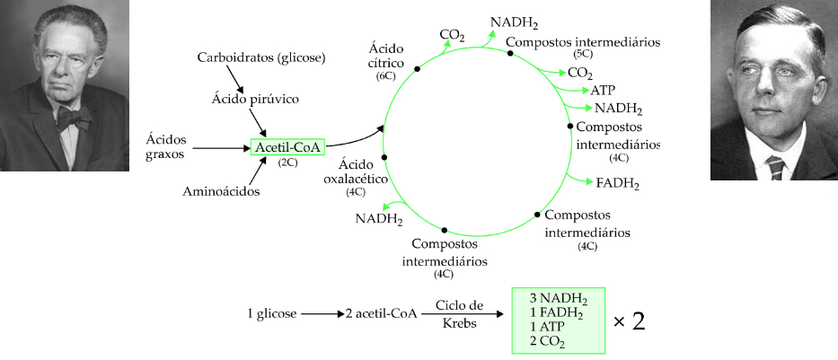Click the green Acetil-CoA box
pyautogui.click(x=288, y=146)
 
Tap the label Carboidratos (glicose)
pyautogui.click(x=260, y=58)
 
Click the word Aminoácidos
pyautogui.click(x=221, y=191)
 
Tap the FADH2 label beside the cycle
pyautogui.click(x=618, y=184)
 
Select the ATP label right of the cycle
pyautogui.click(x=603, y=90)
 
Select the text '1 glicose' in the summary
pyautogui.click(x=271, y=314)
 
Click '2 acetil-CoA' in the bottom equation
pyautogui.click(x=381, y=314)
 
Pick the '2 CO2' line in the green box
pyautogui.click(x=548, y=341)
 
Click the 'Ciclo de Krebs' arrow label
pyautogui.click(x=459, y=314)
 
